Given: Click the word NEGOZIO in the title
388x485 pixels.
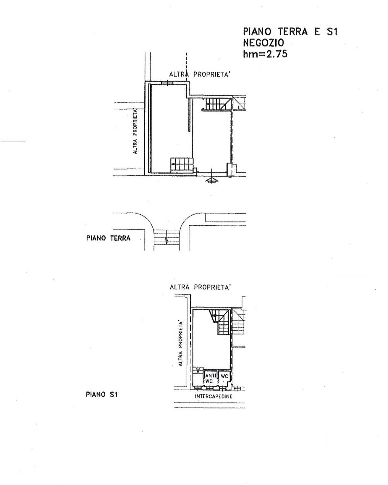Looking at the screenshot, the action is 263,43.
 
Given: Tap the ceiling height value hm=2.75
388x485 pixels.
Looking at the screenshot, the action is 265,54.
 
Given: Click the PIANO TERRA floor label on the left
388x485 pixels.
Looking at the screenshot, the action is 108,238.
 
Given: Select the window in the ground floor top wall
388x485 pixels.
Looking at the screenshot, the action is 167,83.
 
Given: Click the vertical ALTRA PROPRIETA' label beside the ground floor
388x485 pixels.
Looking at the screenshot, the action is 135,131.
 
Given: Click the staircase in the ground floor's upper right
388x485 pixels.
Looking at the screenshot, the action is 217,104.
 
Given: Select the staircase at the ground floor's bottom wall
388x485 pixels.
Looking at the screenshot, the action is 182,165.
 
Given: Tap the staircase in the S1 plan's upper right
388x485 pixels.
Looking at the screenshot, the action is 220,322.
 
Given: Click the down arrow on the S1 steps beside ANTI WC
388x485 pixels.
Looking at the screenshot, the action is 198,370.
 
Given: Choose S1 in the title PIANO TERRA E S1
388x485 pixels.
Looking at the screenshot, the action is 332,32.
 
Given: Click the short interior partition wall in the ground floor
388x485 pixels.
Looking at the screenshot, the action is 190,115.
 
